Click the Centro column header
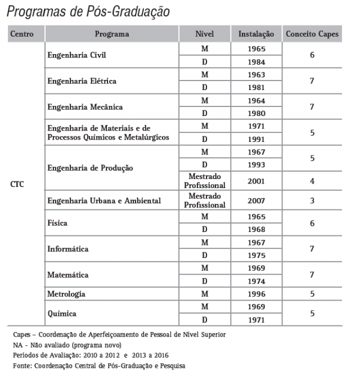(x=22, y=34)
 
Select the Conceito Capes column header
(x=312, y=34)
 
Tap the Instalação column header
(x=256, y=34)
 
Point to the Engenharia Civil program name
(x=76, y=55)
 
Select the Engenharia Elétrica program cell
(x=82, y=81)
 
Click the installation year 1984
(x=256, y=62)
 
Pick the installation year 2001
(x=256, y=181)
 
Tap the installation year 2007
(x=256, y=200)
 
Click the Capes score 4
(x=312, y=181)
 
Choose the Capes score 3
(x=312, y=200)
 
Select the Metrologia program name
(x=67, y=294)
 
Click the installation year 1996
(x=256, y=294)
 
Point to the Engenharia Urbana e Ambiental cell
(x=104, y=200)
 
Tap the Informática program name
(x=69, y=249)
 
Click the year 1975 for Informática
(x=256, y=255)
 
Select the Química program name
(x=62, y=313)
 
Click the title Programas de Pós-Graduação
(x=88, y=11)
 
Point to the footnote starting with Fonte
(x=98, y=365)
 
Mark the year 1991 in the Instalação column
(x=256, y=139)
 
